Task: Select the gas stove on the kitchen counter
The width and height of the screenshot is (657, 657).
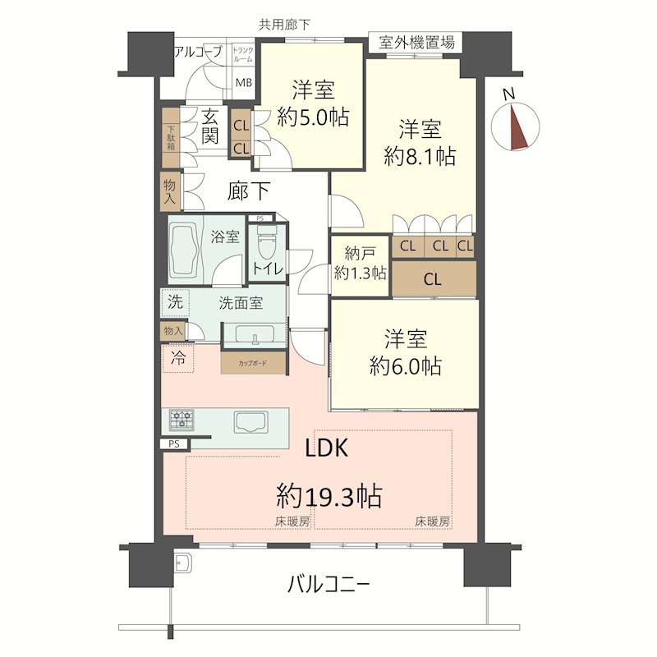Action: click(181, 420)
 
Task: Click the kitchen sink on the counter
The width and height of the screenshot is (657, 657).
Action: click(251, 421)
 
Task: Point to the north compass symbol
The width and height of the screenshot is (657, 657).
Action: click(515, 125)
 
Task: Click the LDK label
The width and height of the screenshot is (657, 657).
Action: click(326, 448)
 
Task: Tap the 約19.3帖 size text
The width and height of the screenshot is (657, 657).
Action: click(329, 496)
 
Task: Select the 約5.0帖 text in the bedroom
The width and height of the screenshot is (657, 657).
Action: click(313, 117)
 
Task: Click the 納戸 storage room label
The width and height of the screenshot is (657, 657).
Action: click(360, 253)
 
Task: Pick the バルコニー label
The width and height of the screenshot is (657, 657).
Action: click(328, 584)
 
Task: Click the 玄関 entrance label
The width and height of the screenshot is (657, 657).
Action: click(210, 126)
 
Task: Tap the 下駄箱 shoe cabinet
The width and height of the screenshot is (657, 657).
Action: click(171, 138)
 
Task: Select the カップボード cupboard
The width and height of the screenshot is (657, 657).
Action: click(254, 363)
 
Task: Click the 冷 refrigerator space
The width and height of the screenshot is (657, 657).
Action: click(178, 358)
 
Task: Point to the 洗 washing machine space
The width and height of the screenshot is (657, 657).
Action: click(175, 301)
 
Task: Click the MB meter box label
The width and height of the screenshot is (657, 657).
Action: click(243, 83)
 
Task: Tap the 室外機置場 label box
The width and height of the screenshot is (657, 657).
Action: click(416, 43)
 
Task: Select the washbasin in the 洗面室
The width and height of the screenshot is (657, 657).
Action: click(255, 335)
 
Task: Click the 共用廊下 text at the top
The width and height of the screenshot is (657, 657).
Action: click(284, 25)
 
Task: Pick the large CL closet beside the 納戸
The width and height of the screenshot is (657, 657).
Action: click(434, 279)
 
